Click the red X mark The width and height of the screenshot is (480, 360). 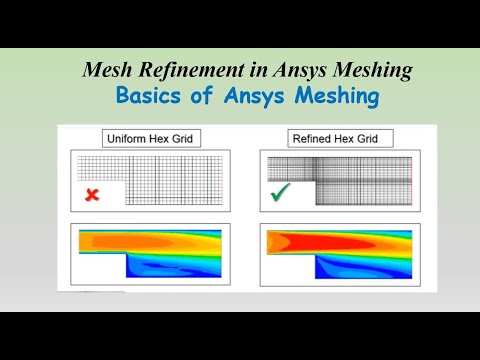(x=92, y=196)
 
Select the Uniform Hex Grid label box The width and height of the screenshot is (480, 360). (x=149, y=138)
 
